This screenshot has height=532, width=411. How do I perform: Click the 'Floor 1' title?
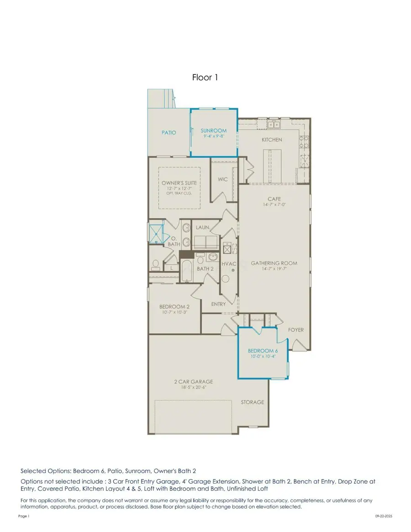coord(205,78)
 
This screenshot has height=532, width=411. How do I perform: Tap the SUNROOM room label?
coord(213,131)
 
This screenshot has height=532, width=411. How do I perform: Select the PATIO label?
coord(169,133)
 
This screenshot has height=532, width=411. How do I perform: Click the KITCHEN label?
coord(272,140)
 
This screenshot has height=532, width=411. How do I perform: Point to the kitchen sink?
coord(274,124)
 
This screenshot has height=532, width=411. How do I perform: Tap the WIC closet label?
coord(222,179)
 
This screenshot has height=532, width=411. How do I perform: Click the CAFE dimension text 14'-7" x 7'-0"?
coord(274,205)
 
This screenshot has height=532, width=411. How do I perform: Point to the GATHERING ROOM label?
coord(274,263)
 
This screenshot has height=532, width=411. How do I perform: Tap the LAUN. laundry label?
coord(202,227)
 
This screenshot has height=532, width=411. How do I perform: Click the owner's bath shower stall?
coord(156,234)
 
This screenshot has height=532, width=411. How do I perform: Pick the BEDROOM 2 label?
coord(174,306)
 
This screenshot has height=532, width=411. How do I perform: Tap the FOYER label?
coord(295,330)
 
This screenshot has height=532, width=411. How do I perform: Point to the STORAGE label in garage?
coord(253,402)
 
